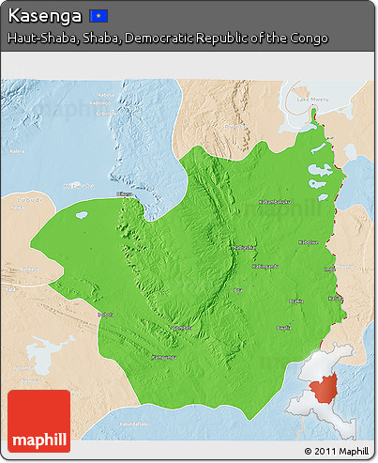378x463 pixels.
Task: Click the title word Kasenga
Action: (x=45, y=15)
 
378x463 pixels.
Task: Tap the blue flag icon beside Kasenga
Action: (x=98, y=16)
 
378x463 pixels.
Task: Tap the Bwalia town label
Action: (x=282, y=328)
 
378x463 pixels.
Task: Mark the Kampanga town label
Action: (x=164, y=357)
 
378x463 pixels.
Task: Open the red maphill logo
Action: (x=38, y=421)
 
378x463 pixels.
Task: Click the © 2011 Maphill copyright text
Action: (x=336, y=452)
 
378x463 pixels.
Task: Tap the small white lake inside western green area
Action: (x=83, y=214)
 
